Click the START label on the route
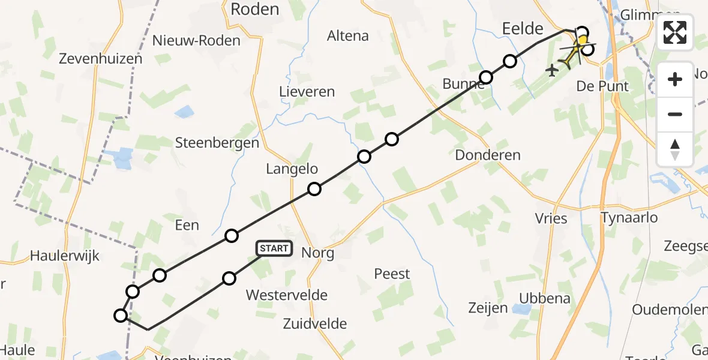pos(275,248)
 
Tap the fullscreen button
pos(675,33)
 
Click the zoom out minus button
pos(675,114)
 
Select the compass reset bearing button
pos(675,149)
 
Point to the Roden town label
pos(255,9)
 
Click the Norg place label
pos(319,253)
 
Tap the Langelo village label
pos(292,169)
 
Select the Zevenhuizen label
pos(101,59)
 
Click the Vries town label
pos(551,218)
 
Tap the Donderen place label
pos(488,155)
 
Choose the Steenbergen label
pos(217,143)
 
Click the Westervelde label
pos(287,295)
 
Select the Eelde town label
pos(523,28)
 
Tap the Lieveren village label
pos(307,92)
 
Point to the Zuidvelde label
pos(315,324)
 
